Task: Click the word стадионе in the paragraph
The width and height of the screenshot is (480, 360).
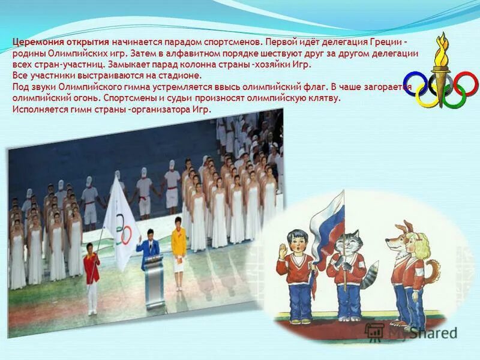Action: [x=181, y=76]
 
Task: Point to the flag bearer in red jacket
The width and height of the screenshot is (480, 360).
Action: [x=91, y=273]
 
